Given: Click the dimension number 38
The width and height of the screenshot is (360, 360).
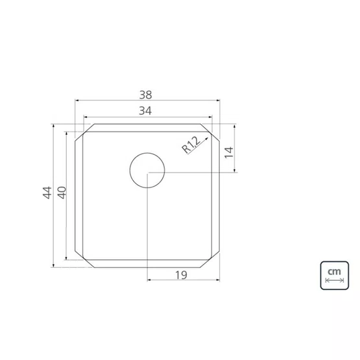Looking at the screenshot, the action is pos(145,95).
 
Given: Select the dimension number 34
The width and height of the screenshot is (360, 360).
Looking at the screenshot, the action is pos(145,111).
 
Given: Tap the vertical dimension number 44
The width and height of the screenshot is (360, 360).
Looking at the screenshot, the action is pos(47,193).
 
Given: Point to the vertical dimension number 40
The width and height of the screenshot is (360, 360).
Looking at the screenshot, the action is pos(62,193).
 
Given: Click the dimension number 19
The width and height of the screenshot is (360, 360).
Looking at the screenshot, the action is pos(181,275).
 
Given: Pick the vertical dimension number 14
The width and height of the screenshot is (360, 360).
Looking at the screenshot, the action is pos(229,152).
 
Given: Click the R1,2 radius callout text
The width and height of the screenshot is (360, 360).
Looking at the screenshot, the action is pos(191,145).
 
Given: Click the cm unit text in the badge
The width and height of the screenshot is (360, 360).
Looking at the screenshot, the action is pos(334,272).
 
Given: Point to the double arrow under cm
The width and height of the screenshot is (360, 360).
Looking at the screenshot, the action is pos(335,280).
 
